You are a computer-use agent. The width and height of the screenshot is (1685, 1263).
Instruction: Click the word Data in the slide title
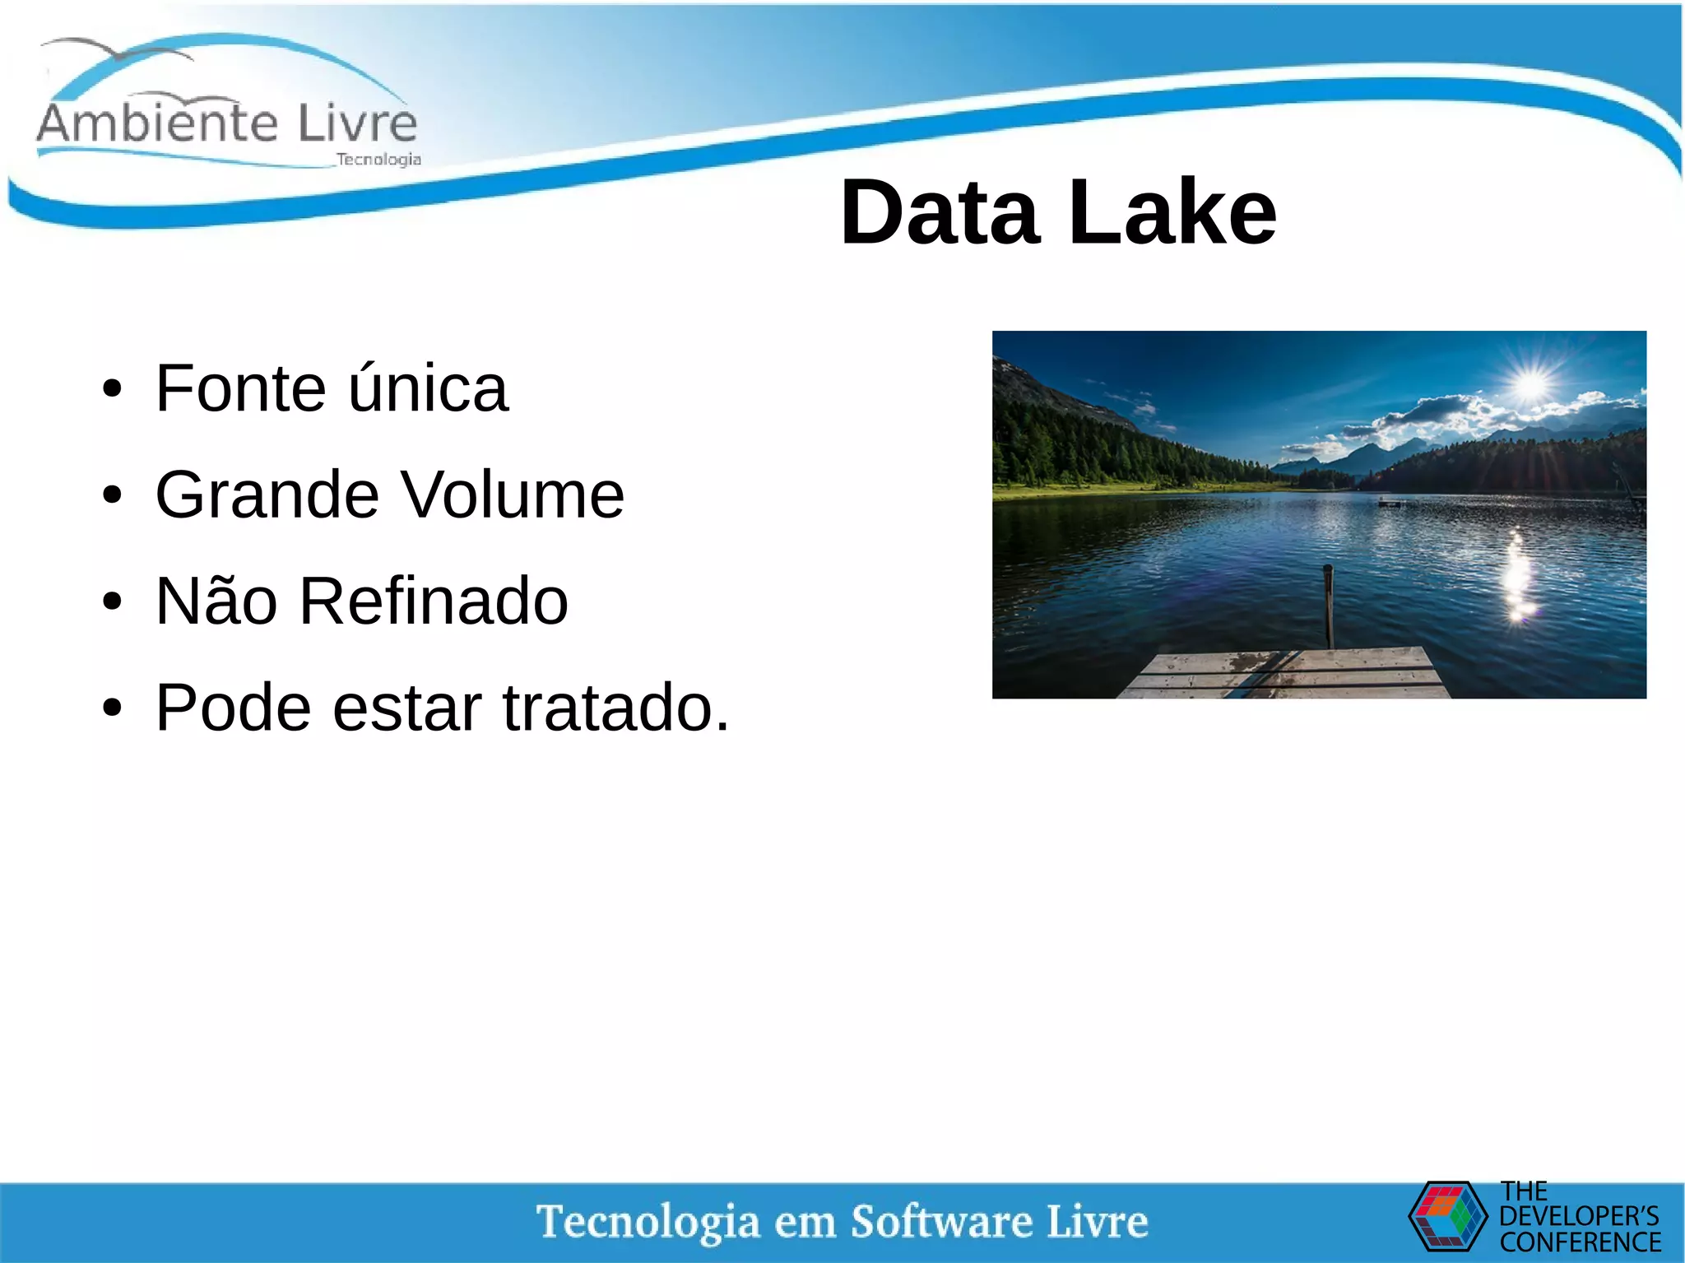940,213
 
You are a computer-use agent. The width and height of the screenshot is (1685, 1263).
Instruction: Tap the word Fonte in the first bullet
240,388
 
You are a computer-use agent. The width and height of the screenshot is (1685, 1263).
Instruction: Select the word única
428,388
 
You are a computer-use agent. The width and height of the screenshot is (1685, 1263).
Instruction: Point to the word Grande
266,495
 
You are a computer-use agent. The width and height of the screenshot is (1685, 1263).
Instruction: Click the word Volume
513,495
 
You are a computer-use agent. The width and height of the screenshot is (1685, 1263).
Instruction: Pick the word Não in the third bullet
216,601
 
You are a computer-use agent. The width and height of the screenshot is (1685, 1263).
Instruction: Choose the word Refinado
434,601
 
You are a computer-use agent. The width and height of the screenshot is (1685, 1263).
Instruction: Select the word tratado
615,708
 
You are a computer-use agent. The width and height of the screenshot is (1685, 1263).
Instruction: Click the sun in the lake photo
1531,384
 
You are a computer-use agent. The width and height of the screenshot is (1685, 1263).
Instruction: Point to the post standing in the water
1328,606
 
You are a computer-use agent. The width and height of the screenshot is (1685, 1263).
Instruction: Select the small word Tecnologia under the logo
378,160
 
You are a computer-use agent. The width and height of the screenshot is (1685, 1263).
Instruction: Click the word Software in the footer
941,1221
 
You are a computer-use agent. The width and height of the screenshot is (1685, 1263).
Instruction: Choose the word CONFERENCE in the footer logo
1580,1242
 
